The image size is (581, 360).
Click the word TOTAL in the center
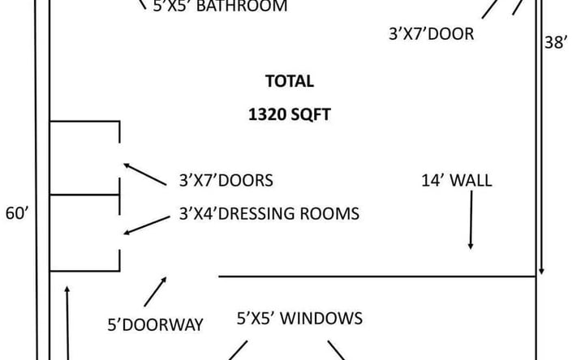290,81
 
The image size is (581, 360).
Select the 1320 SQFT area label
290,114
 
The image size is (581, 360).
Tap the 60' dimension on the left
17,214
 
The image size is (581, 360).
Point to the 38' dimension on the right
555,43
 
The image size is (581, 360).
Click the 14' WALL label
457,181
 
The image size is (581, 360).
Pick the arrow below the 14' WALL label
471,220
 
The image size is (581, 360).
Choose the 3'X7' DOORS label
226,181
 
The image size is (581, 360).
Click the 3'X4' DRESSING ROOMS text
269,214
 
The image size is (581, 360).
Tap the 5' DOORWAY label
155,325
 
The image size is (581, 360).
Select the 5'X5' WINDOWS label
299,319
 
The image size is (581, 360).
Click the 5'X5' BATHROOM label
220,6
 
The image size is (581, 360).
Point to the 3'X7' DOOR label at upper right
432,34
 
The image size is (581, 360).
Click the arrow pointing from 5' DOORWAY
155,291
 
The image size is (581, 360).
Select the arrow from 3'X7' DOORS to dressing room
145,174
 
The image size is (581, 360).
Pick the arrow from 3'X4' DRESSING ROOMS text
147,225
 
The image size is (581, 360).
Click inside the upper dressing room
84,158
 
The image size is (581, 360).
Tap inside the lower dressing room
84,233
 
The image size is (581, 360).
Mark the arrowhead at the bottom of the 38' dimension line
541,272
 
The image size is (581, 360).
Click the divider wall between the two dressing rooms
84,195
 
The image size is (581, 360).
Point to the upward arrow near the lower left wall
67,323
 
